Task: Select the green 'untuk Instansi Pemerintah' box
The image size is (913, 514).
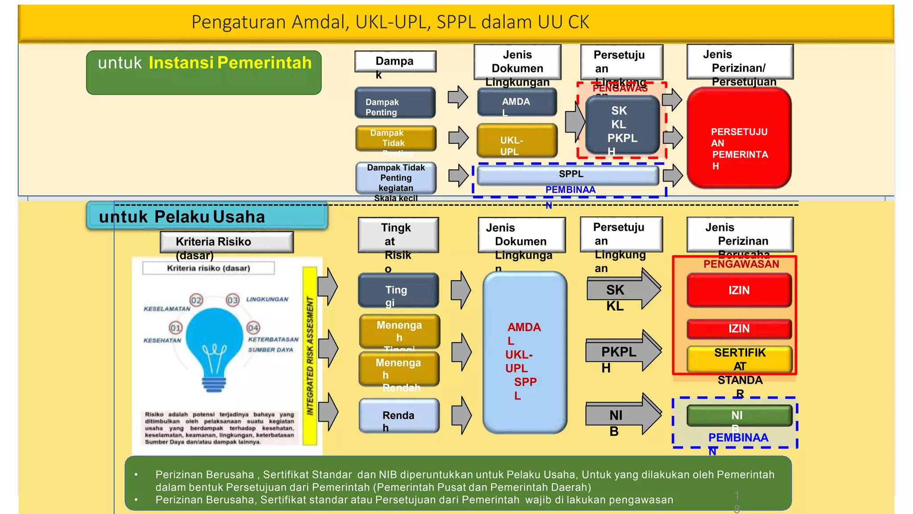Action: point(204,73)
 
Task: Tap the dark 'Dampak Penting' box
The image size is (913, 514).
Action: point(395,103)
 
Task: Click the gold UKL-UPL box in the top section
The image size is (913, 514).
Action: point(517,141)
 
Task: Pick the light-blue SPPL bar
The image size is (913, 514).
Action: point(568,175)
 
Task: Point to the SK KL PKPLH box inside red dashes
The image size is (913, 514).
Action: point(622,125)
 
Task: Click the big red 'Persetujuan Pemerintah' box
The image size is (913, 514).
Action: point(739,138)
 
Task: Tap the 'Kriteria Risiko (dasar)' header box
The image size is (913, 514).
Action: point(226,242)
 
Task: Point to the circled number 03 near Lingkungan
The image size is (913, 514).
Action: point(233,300)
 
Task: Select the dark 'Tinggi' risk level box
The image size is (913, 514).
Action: point(398,290)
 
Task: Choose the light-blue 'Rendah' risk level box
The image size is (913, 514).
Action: point(399,416)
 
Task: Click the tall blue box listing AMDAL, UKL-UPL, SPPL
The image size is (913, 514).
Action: point(525,352)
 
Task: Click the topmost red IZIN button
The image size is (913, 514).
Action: point(739,290)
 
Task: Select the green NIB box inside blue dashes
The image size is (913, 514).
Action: point(739,415)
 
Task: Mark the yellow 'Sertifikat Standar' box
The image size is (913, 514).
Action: point(739,359)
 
